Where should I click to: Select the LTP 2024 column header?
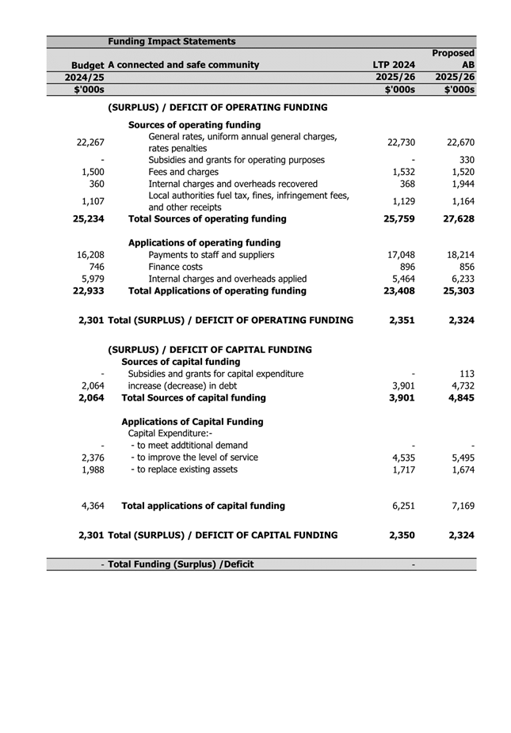[x=394, y=65]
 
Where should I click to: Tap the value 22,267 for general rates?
[x=92, y=142]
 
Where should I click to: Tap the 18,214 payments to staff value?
[x=459, y=256]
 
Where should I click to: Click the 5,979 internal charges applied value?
[x=93, y=279]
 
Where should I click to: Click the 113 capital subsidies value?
[x=467, y=374]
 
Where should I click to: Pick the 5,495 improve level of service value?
[x=461, y=458]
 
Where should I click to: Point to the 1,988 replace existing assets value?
[x=93, y=469]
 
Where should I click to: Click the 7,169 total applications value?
[x=461, y=505]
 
